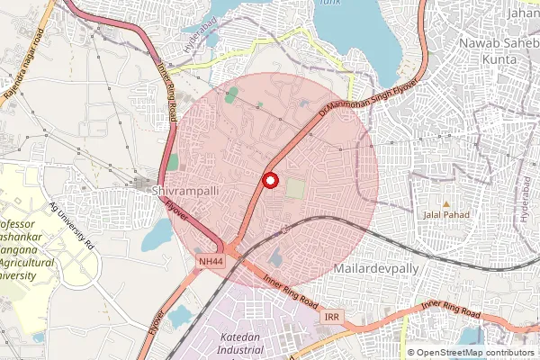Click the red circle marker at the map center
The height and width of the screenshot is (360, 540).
coord(268,180)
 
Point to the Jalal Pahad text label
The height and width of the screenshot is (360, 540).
coord(445,216)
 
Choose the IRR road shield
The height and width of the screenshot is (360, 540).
coord(332,318)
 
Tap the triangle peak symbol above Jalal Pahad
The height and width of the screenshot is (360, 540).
coord(445,202)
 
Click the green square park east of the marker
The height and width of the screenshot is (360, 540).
coord(295,189)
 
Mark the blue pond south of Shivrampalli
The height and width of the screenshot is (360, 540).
coord(157,236)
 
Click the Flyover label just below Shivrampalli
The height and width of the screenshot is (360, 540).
coord(176,209)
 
